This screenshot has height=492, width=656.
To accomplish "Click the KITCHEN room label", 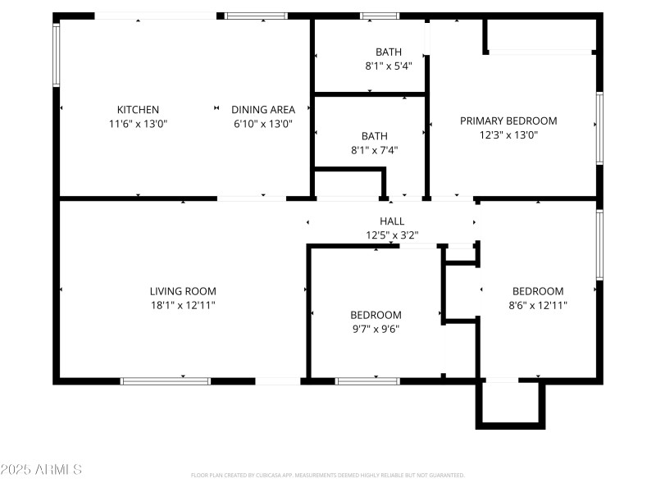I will pos(138,109).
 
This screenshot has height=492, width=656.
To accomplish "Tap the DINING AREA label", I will pos(262,109).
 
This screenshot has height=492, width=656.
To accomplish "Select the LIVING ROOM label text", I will pos(183,291).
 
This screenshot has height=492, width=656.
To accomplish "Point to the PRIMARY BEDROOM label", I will pos(508,121).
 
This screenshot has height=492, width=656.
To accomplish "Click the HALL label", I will pos(392,221).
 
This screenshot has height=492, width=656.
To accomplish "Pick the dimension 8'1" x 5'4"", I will pos(388,66).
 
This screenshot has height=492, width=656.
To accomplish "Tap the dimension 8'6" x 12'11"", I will pos(538,305).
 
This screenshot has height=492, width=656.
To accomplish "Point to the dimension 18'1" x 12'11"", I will pos(183,305).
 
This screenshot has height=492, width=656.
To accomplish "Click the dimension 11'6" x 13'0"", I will pos(138,123).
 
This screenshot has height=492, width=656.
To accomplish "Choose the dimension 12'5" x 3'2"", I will pos(392,235).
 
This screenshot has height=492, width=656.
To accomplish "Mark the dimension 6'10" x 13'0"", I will pos(262,123).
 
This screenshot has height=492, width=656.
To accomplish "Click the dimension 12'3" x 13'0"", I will pos(508,134).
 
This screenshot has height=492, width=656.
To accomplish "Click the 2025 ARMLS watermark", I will pos(41,470).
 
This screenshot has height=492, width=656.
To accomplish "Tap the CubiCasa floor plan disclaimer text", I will pos(328,475).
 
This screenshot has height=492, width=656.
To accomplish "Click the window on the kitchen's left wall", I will pos(57,54).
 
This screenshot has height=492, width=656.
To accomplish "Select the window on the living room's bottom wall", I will pos(165,381).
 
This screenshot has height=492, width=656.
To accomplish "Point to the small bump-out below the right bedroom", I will pos(510,403).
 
